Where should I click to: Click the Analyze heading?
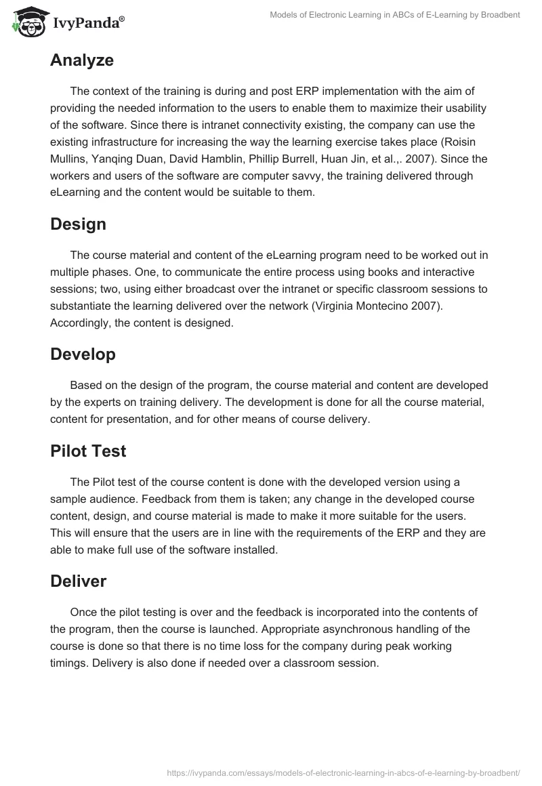(x=81, y=60)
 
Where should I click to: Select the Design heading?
(x=78, y=224)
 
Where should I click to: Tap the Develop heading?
(x=83, y=354)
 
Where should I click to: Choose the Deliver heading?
(x=78, y=581)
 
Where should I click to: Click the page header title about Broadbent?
(x=394, y=15)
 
